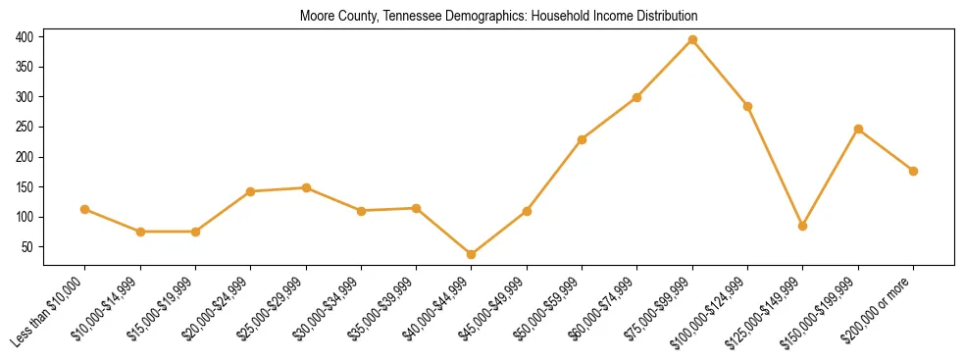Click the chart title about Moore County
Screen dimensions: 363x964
point(499,16)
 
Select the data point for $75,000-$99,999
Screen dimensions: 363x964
point(692,40)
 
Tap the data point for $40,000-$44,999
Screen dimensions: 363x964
point(472,254)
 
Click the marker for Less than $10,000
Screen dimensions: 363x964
point(84,209)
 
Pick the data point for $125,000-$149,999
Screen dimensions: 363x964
point(803,226)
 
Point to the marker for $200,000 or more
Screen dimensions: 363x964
point(914,171)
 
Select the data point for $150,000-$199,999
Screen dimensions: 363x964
point(859,129)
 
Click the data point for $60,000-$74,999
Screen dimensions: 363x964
point(637,97)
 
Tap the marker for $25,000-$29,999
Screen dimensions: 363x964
point(306,187)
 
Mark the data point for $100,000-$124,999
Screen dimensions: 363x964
point(748,106)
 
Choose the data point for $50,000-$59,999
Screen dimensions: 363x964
point(583,139)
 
